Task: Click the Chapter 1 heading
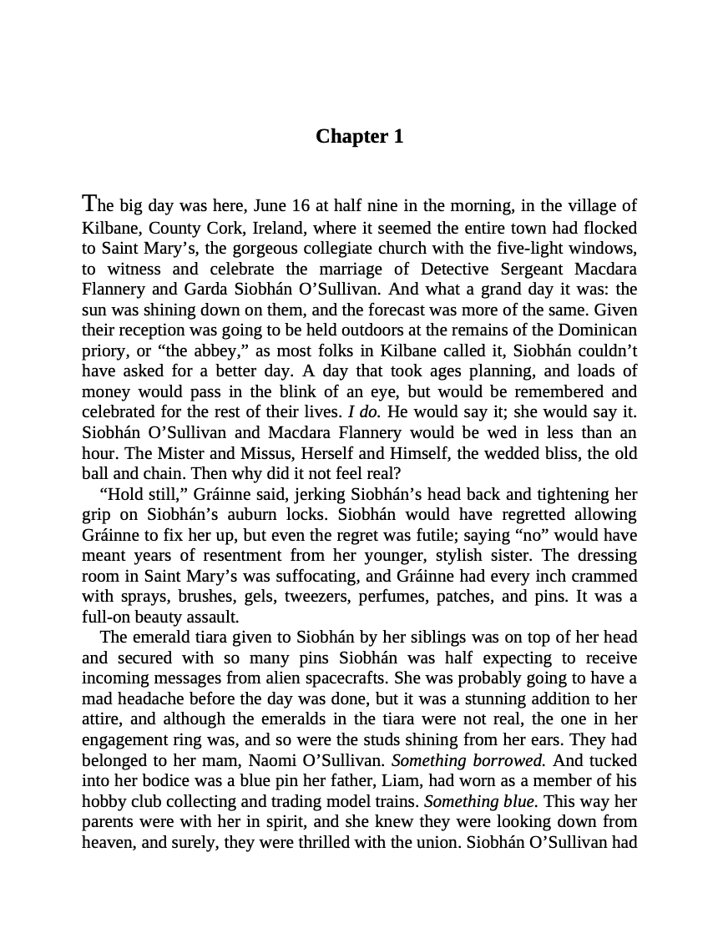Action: pos(359,136)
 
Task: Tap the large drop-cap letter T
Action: pos(90,204)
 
